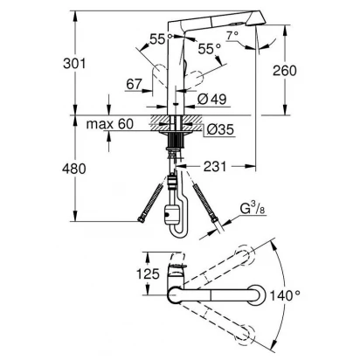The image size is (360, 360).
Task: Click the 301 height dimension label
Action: click(x=74, y=64)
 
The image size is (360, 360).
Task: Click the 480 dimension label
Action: click(x=74, y=169)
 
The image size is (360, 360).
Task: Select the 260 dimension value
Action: click(x=285, y=71)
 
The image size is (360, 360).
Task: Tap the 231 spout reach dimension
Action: click(x=215, y=167)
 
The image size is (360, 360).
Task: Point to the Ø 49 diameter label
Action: click(x=211, y=100)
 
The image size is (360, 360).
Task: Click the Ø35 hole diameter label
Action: click(x=220, y=129)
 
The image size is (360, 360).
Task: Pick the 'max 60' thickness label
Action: click(x=110, y=124)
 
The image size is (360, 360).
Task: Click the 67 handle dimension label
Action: click(x=135, y=84)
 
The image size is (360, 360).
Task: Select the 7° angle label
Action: click(x=232, y=35)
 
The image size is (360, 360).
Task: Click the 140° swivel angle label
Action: click(x=285, y=296)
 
